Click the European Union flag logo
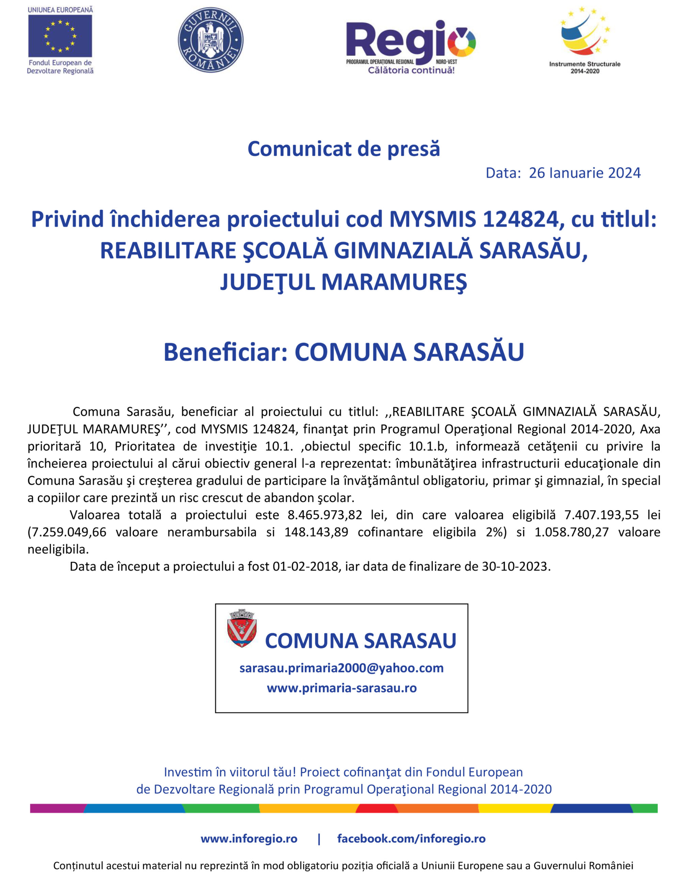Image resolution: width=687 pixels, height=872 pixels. point(60,36)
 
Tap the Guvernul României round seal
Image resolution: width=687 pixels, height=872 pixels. point(210,40)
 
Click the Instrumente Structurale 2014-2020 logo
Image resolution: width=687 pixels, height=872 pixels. point(584,40)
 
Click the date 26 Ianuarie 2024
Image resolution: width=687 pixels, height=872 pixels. point(584,173)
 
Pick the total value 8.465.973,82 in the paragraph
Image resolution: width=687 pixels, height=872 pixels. point(325,515)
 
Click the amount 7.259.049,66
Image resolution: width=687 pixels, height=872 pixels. point(67,532)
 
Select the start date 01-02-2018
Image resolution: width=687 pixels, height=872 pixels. point(305,566)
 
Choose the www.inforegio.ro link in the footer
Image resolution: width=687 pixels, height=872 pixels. point(249,839)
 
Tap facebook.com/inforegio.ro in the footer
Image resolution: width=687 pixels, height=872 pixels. point(411,839)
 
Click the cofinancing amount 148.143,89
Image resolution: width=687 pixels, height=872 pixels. point(316,532)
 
